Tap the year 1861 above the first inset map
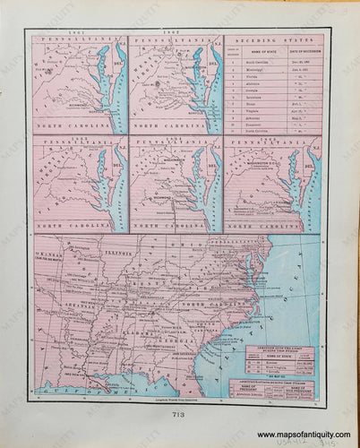pyautogui.click(x=77, y=32)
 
